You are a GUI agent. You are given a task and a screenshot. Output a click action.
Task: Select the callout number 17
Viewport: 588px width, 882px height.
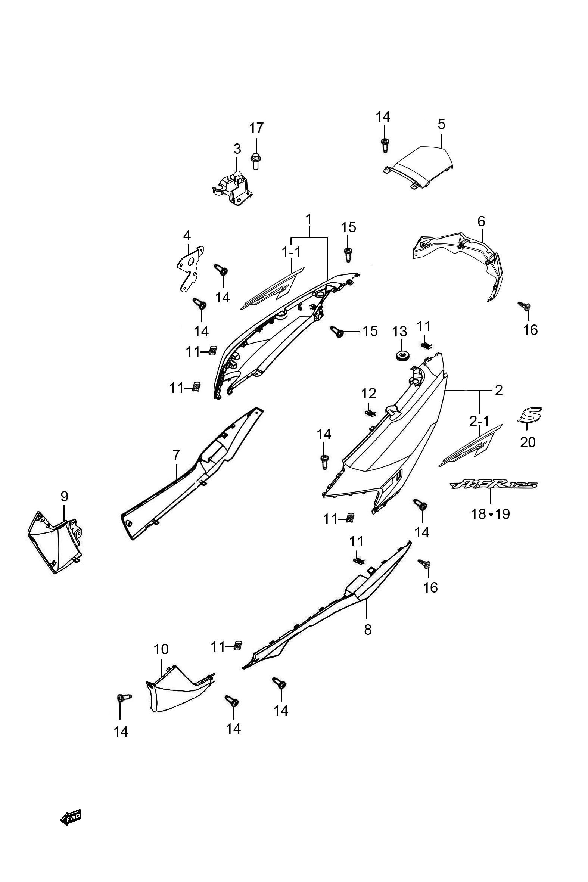(x=257, y=128)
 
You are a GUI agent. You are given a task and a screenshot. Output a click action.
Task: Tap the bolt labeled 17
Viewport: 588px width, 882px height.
(x=255, y=161)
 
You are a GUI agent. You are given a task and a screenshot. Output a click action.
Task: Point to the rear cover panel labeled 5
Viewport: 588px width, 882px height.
(x=419, y=166)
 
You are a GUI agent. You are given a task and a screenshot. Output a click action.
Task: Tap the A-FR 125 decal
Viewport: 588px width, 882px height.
(x=494, y=485)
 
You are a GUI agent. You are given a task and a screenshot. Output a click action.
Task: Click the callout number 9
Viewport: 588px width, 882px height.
(x=65, y=497)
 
